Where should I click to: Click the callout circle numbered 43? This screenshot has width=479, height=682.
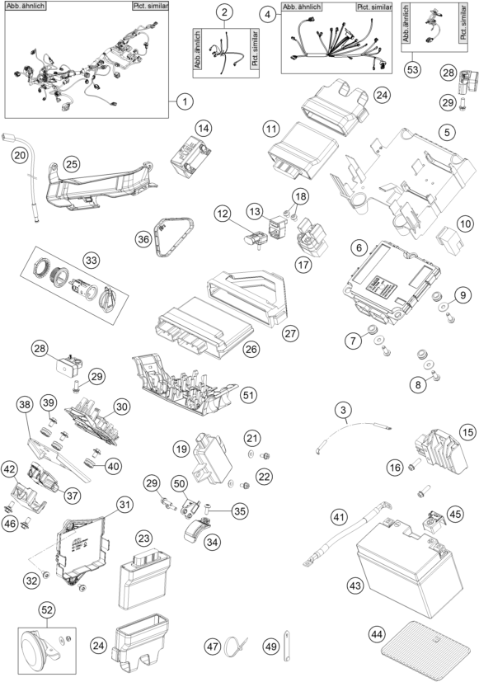point(355,586)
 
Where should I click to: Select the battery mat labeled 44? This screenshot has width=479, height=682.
point(425,649)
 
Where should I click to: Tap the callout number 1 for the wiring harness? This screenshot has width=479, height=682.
point(185,101)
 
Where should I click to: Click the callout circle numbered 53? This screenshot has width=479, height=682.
point(412,69)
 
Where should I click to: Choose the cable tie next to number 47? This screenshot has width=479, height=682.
point(236,647)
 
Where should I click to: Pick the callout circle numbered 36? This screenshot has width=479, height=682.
point(143,239)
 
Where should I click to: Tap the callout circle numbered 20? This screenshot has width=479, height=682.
point(20,155)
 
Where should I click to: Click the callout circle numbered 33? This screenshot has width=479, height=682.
point(91,261)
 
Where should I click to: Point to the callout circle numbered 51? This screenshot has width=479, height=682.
point(248,395)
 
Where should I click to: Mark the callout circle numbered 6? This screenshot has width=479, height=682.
point(359,247)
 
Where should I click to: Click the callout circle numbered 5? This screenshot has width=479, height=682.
point(448,132)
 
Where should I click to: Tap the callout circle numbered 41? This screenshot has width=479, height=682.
point(340,518)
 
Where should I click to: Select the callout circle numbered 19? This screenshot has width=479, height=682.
point(181,449)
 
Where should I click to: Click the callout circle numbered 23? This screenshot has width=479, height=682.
point(144,538)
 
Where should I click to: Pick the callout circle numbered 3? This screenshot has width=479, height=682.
point(344,410)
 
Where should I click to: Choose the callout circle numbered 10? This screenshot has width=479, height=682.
point(465,224)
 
